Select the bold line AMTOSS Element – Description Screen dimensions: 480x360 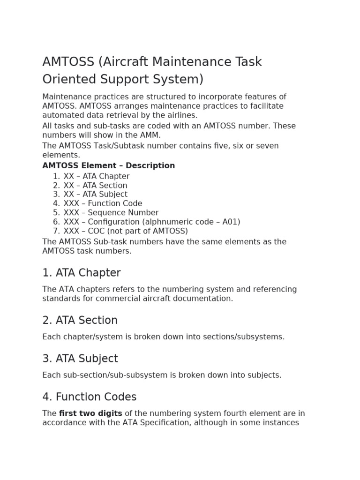(x=108, y=166)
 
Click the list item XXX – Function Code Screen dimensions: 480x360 (x=103, y=203)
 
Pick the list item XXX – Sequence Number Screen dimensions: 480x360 (x=111, y=213)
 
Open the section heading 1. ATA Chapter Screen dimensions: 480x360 (x=81, y=273)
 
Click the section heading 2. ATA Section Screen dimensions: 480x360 (x=80, y=321)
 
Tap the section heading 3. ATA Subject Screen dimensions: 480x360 (x=80, y=359)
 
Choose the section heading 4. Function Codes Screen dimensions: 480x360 (x=89, y=397)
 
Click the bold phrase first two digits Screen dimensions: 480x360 (x=90, y=413)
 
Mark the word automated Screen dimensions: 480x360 (x=61, y=115)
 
